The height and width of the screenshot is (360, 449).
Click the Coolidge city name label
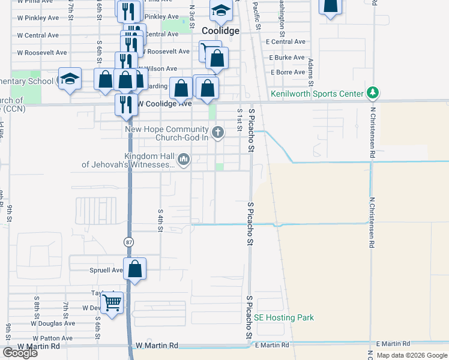(x=221, y=31)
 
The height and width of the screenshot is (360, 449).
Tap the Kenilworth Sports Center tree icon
(x=373, y=92)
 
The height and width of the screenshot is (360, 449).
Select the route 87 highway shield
(x=129, y=242)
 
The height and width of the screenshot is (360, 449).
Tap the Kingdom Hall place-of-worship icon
(x=184, y=160)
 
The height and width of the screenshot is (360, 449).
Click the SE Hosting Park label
(x=284, y=317)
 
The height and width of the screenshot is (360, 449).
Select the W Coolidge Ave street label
(x=164, y=104)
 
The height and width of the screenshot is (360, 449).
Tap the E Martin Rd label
(x=274, y=345)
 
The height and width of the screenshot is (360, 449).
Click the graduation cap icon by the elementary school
(x=70, y=78)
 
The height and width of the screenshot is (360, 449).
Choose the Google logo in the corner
(x=20, y=353)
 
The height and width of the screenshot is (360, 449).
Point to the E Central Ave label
(x=288, y=42)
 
